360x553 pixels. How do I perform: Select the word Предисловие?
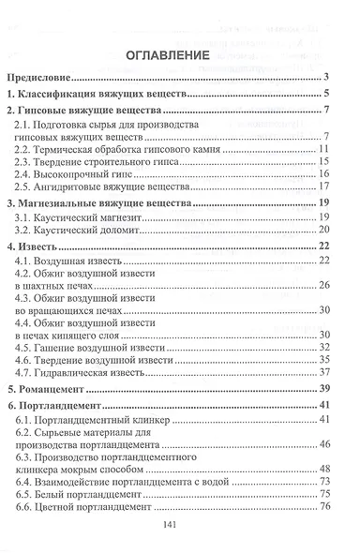45,79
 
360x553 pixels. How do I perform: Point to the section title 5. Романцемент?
54,387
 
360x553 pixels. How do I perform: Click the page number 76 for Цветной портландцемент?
326,507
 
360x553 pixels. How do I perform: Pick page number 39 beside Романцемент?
325,387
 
